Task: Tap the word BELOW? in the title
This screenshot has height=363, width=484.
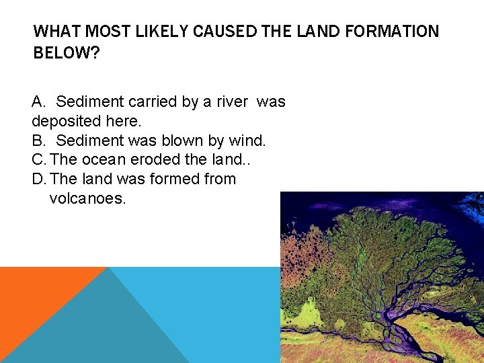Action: click(66, 53)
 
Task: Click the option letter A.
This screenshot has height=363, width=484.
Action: click(38, 102)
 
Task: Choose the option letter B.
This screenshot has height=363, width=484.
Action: click(38, 140)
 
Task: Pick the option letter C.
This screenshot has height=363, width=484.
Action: click(38, 160)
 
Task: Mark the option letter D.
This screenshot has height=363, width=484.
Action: click(38, 179)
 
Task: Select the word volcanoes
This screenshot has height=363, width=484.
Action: click(87, 199)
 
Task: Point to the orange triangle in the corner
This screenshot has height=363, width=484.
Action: click(34, 296)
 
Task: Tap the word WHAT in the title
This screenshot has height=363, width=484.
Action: click(55, 32)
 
